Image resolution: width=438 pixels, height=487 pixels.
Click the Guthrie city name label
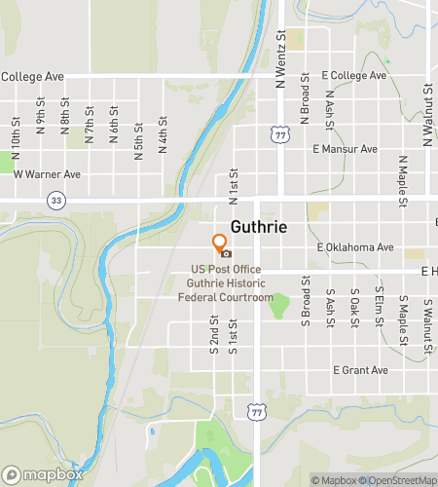pyautogui.click(x=258, y=227)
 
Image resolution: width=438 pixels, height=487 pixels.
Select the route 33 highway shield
pyautogui.click(x=55, y=199)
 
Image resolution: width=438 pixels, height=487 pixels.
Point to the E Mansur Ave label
pyautogui.click(x=345, y=149)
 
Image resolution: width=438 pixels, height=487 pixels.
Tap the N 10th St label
pyautogui.click(x=17, y=130)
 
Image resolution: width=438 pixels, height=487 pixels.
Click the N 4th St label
pyautogui.click(x=164, y=130)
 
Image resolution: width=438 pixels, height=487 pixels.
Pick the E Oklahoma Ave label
pyautogui.click(x=355, y=247)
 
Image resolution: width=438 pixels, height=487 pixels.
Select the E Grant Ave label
pyautogui.click(x=360, y=370)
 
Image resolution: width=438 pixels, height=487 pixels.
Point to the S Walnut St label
pyautogui.click(x=427, y=325)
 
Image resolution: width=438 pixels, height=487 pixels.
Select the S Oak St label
pyautogui.click(x=354, y=306)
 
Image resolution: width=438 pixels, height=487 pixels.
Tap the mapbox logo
pyautogui.click(x=43, y=475)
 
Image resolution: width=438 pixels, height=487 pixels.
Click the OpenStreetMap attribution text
pyautogui.click(x=399, y=480)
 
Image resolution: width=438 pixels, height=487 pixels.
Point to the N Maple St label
pyautogui.click(x=402, y=181)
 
